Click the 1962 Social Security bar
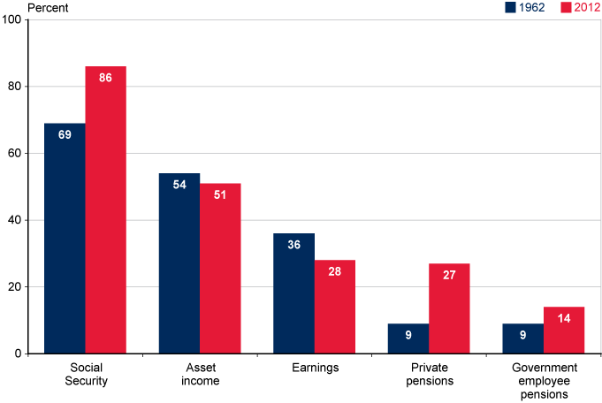pos(65,239)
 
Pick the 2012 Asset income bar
pos(220,269)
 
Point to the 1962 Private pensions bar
pos(408,338)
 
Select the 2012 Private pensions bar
pos(449,308)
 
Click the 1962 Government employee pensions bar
pos(522,338)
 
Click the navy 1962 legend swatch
pos(510,8)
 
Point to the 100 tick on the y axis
pos(12,19)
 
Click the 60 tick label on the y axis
pos(15,153)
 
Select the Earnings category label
pos(314,368)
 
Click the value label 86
pos(105,79)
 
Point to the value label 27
pos(449,276)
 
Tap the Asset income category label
pos(200,375)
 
